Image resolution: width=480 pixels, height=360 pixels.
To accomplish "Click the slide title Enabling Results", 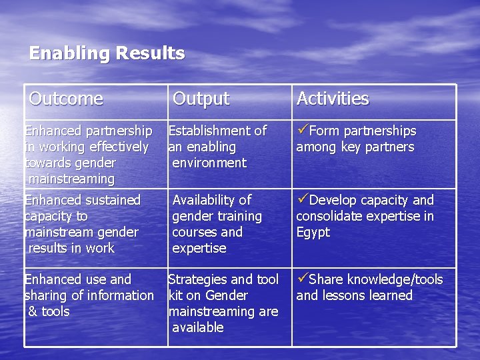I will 107,53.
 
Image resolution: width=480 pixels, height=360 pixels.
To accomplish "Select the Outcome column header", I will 66,99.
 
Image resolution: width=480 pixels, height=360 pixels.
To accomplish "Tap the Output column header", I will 201,99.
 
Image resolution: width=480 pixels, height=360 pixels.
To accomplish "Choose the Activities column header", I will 332,99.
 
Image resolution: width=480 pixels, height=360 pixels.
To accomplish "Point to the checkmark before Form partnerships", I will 303,131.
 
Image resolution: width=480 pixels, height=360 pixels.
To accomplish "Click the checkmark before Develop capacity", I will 303,200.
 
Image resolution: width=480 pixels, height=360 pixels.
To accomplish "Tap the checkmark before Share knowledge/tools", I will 303,279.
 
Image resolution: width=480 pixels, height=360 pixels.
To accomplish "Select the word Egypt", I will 313,233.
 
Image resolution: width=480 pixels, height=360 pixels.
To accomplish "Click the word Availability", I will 205,200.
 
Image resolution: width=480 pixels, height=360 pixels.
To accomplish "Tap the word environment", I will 209,163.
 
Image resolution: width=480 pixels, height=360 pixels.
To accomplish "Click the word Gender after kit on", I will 227,295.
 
